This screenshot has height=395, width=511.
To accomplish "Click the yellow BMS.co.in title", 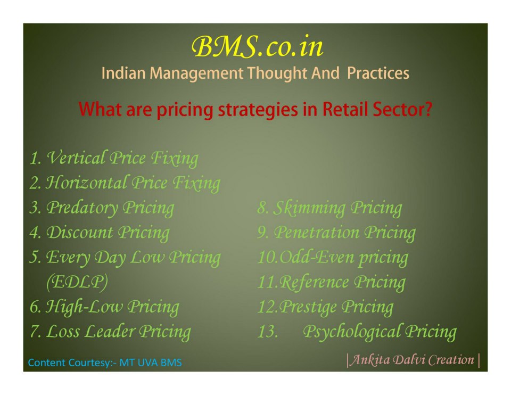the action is (x=257, y=46).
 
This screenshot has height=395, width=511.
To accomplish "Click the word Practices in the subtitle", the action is (x=378, y=73).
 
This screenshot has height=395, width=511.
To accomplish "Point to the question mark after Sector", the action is (x=428, y=109).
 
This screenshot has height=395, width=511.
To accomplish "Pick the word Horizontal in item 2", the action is (x=86, y=183).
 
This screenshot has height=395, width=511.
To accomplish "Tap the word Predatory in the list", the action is (x=82, y=208).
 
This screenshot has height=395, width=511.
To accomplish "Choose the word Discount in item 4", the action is (x=80, y=233).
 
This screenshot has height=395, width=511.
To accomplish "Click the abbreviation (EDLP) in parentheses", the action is (x=77, y=282).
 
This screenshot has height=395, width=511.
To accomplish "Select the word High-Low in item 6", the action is (x=85, y=307).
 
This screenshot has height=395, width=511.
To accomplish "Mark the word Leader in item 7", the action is (x=110, y=332).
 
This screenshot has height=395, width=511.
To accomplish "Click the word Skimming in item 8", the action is (x=309, y=208).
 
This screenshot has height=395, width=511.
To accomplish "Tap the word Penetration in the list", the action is (x=316, y=233).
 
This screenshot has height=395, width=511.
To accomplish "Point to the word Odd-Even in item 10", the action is (x=317, y=257).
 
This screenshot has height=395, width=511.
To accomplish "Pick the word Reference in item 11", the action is (x=314, y=282).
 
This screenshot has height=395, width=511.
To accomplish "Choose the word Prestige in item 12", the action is (x=308, y=307).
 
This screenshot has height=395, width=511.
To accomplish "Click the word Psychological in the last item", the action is (x=352, y=332).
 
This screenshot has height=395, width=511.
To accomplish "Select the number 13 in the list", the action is (x=268, y=332).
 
